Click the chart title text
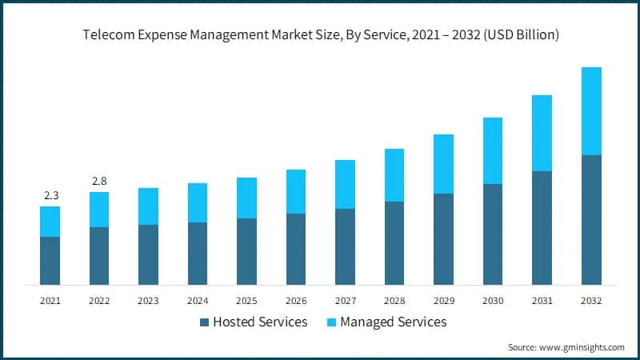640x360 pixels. (320, 35)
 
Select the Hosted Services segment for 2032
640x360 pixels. (591, 220)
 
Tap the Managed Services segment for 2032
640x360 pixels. (591, 111)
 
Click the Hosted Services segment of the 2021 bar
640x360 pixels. (50, 261)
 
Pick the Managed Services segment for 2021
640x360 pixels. (50, 222)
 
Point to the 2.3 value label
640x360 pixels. (50, 195)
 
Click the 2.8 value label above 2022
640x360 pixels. (99, 181)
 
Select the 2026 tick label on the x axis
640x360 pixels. (296, 301)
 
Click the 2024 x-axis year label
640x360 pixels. (198, 301)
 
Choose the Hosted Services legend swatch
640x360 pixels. (204, 322)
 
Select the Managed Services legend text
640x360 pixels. (393, 322)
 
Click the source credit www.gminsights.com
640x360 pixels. (566, 347)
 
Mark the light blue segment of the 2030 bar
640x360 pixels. (493, 151)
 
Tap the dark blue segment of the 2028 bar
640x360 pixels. (394, 243)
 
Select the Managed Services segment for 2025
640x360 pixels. (246, 198)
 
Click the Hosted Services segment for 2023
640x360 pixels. (148, 254)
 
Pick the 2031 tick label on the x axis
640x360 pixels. (542, 301)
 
